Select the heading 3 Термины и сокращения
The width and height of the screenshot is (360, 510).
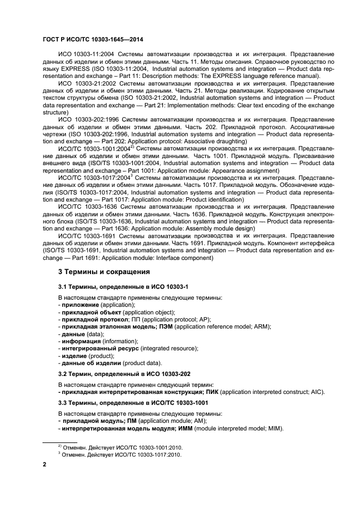(x=103, y=271)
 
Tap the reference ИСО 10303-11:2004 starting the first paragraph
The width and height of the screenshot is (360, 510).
(x=85, y=55)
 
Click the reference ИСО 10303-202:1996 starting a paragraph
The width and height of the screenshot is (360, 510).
(x=87, y=120)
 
